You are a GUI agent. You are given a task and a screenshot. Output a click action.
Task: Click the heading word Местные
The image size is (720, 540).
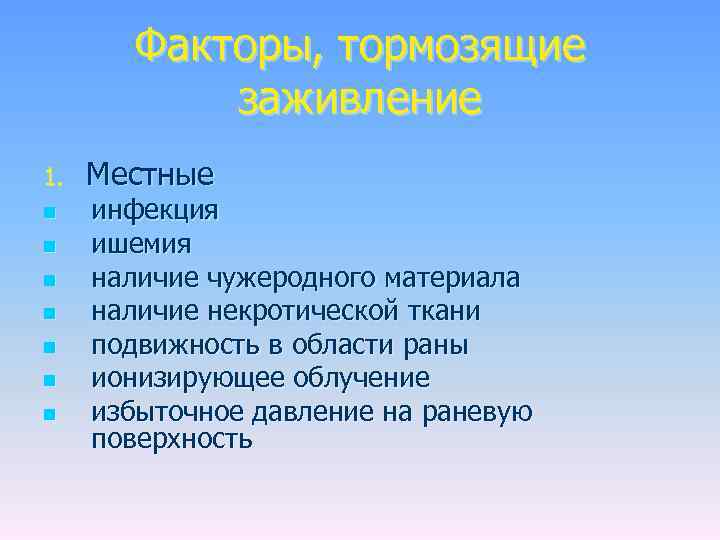(x=150, y=175)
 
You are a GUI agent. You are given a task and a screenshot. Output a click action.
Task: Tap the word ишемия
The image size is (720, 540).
(x=142, y=244)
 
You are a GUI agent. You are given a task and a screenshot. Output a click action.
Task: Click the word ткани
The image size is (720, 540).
(x=450, y=311)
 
